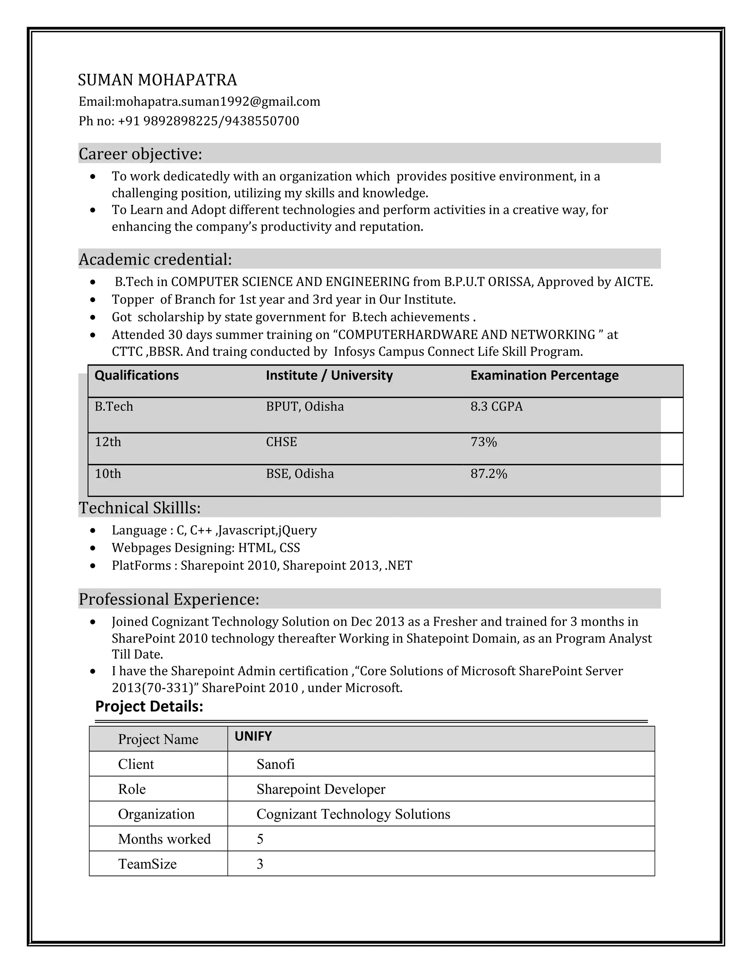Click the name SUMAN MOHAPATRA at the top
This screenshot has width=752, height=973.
click(157, 80)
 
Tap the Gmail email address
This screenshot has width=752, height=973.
click(217, 102)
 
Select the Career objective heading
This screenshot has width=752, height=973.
click(140, 154)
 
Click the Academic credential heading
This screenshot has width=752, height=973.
click(155, 259)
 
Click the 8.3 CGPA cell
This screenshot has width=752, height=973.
click(496, 407)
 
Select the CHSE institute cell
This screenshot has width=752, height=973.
click(281, 442)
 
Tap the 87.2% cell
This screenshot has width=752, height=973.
click(489, 474)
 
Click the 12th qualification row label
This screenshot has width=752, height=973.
click(108, 442)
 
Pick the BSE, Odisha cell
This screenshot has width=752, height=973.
click(300, 474)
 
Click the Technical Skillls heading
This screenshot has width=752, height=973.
click(140, 508)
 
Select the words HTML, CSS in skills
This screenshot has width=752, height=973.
click(269, 548)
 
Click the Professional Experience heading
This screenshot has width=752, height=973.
click(169, 599)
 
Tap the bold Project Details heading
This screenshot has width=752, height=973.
click(149, 706)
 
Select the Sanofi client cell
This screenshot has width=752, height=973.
click(275, 764)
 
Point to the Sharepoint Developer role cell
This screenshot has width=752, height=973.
click(321, 789)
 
